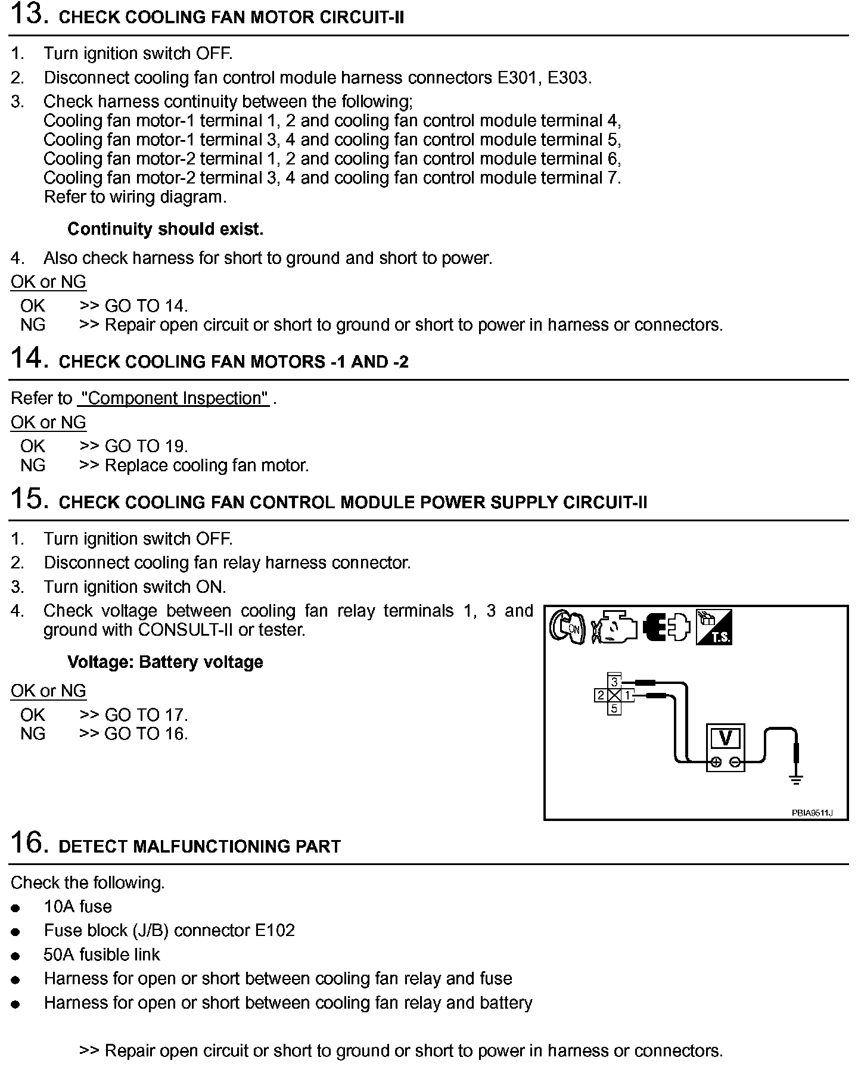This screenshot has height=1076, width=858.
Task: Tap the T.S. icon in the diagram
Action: point(714,627)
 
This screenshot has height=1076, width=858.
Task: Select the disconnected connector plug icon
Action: point(667,627)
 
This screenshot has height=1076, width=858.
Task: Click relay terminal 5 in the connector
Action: point(614,708)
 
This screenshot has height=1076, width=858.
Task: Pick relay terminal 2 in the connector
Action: point(601,695)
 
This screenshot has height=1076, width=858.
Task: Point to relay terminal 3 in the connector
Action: point(614,682)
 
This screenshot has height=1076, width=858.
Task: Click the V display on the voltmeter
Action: point(725,739)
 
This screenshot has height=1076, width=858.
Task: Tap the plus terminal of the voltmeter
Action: point(716,761)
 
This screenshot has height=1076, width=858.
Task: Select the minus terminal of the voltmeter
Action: point(735,761)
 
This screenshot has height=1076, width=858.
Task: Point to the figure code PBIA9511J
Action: point(812,813)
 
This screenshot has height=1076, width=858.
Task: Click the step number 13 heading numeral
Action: point(29,14)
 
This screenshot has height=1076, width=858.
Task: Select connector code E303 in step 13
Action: point(568,77)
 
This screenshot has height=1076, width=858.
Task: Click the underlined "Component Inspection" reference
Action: point(173,398)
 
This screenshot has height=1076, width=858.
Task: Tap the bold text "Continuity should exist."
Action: point(165,229)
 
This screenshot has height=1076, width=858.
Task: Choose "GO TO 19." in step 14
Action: point(146,446)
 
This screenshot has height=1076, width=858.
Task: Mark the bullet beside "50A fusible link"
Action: point(16,956)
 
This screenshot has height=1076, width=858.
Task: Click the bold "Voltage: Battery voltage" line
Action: point(165,662)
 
